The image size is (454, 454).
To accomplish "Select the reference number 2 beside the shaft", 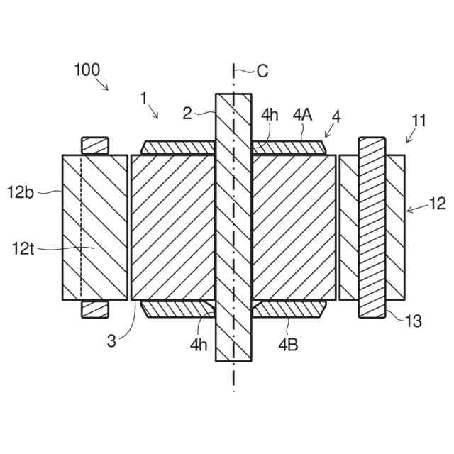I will tap(187, 113).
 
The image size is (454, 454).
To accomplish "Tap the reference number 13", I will tap(414, 321).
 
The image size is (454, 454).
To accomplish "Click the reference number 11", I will tap(419, 120).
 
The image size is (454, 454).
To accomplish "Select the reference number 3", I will tap(111, 340).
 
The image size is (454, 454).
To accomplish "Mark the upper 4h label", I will tap(272, 113).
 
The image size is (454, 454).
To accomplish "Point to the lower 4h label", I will tap(199, 345).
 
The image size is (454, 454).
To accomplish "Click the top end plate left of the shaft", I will tap(178, 147).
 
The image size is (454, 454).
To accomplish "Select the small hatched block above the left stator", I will tap(94, 145).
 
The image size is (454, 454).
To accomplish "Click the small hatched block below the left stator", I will tap(94, 309).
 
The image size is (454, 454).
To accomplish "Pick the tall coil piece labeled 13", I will tap(372, 227).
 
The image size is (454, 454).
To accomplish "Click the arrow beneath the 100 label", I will tap(104, 86).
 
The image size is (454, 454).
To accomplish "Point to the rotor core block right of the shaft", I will tap(294, 227).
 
